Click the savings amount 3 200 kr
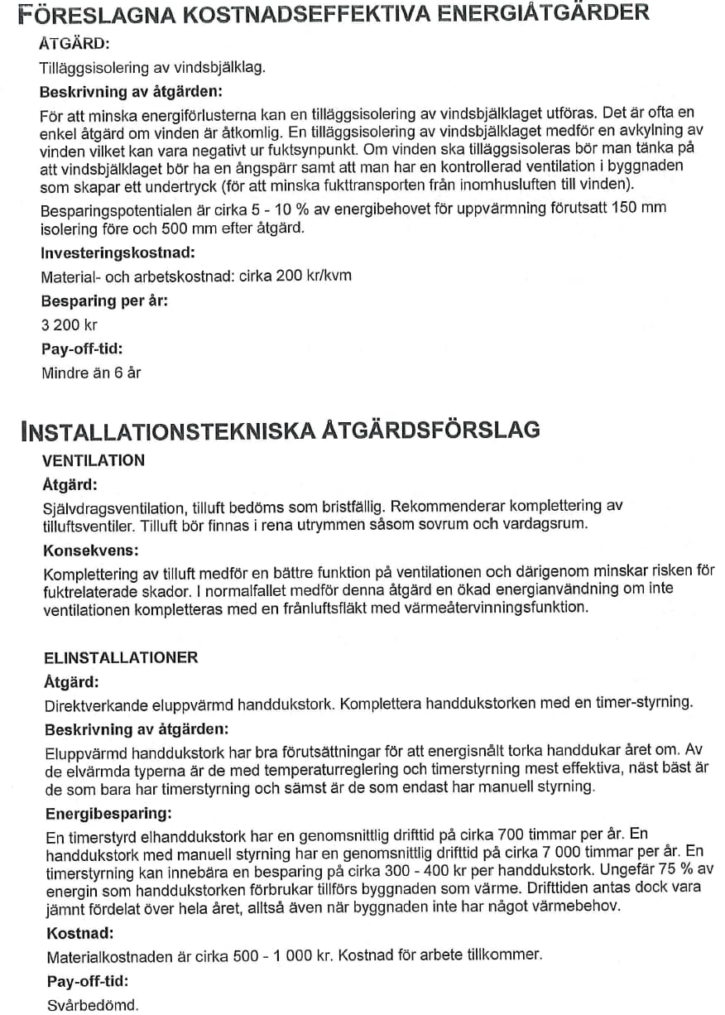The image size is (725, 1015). [69, 325]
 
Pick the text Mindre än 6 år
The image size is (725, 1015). [91, 373]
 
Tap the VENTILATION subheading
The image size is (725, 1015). [94, 460]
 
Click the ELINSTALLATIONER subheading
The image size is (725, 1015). [121, 657]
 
